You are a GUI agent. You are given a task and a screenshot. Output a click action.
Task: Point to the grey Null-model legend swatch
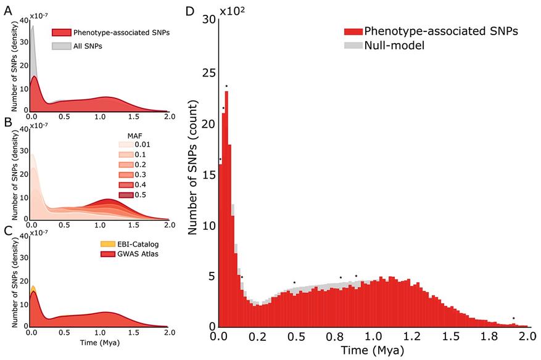coord(353,45)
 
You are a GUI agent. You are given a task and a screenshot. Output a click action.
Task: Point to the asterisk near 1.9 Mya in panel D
coord(513,319)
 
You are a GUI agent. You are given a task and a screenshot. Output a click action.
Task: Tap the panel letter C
coord(7,231)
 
